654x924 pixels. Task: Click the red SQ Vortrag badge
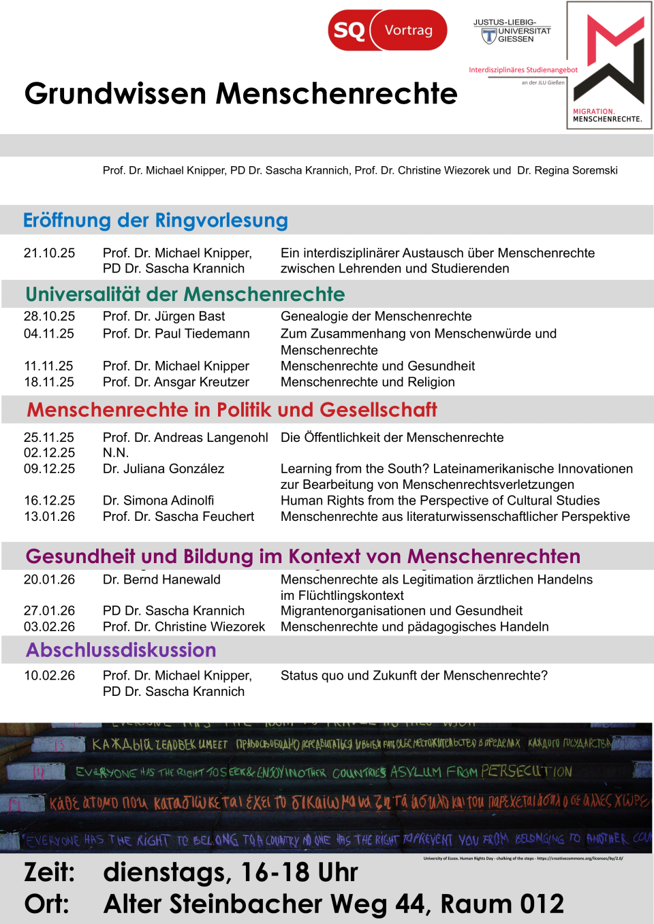pyautogui.click(x=387, y=30)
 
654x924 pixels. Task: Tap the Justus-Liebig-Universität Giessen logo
pyautogui.click(x=512, y=31)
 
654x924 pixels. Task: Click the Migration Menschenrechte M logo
pyautogui.click(x=609, y=65)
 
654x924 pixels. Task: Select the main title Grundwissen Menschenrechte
pyautogui.click(x=240, y=94)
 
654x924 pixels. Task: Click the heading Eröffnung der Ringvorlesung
pyautogui.click(x=155, y=221)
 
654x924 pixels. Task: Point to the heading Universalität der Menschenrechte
pyautogui.click(x=185, y=294)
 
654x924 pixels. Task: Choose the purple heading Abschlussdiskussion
pyautogui.click(x=121, y=650)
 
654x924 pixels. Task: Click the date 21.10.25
pyautogui.click(x=49, y=253)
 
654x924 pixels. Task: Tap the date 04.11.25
pyautogui.click(x=49, y=334)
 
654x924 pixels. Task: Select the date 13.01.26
pyautogui.click(x=49, y=517)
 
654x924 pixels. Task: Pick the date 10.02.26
pyautogui.click(x=49, y=675)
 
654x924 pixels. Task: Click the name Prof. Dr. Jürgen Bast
pyautogui.click(x=163, y=317)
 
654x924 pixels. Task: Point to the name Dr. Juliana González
pyautogui.click(x=163, y=469)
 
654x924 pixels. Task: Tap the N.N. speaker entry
pyautogui.click(x=116, y=453)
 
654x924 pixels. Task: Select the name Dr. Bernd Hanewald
pyautogui.click(x=161, y=579)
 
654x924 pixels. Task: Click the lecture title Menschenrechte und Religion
pyautogui.click(x=367, y=382)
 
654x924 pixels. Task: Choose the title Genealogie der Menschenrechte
pyautogui.click(x=376, y=317)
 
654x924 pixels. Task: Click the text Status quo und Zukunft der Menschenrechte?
pyautogui.click(x=414, y=675)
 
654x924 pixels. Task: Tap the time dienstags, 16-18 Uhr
pyautogui.click(x=230, y=872)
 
